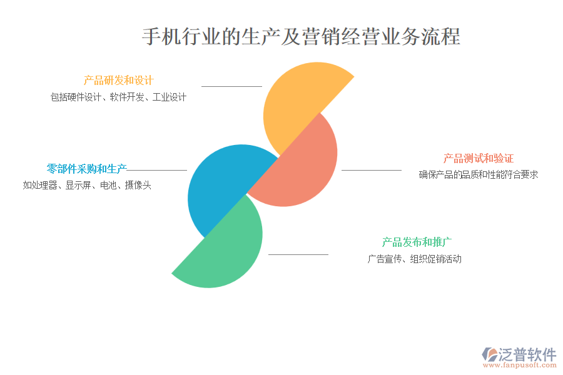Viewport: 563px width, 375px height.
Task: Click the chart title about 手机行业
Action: point(301,37)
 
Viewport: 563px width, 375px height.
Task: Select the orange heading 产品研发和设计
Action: point(118,81)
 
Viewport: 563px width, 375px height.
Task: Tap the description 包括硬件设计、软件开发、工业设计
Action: point(118,97)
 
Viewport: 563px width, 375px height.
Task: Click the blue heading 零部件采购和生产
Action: point(86,169)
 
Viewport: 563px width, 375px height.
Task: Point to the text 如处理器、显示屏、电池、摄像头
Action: point(87,185)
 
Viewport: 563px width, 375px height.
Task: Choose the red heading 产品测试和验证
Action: point(479,158)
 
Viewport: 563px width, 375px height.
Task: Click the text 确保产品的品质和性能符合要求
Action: point(479,175)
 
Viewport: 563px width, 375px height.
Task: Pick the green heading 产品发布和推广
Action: point(417,242)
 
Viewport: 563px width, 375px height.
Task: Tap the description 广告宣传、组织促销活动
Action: point(414,259)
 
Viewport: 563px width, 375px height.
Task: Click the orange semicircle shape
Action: point(298,101)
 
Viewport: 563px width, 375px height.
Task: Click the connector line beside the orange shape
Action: point(231,86)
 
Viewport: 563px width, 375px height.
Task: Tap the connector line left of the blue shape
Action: point(156,170)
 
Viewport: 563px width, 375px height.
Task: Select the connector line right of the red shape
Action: point(371,170)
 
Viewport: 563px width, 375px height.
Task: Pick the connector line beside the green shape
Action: point(298,254)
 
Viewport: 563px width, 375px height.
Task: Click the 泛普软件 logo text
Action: point(527,354)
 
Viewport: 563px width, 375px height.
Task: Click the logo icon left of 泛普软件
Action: point(490,354)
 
